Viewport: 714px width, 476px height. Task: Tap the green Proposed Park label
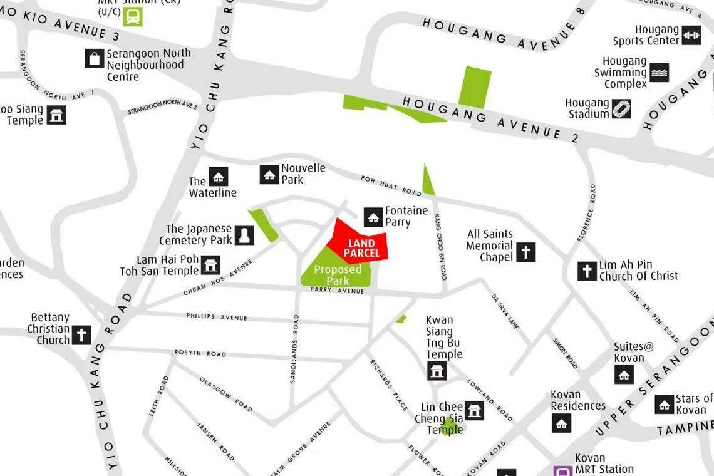338,275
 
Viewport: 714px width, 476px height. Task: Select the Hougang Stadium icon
621,109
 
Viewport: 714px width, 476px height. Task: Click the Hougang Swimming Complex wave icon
659,73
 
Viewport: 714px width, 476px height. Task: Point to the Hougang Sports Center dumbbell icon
691,35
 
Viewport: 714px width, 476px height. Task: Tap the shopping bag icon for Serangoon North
95,59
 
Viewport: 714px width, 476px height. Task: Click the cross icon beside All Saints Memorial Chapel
525,252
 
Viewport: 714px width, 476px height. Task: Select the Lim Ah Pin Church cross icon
587,271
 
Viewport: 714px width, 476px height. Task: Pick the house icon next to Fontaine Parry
374,217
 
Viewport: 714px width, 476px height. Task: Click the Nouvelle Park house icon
269,175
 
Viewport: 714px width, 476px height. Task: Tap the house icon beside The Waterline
218,177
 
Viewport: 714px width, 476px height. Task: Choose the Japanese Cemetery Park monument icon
244,235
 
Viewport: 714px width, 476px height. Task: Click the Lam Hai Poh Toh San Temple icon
210,265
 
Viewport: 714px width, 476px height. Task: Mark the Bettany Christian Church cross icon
81,335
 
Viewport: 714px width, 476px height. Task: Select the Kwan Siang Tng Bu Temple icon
437,370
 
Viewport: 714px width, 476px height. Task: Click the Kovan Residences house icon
561,423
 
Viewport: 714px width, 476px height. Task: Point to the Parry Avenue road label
337,291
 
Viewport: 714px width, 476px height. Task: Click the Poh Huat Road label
391,185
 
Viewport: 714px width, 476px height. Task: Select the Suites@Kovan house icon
623,375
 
